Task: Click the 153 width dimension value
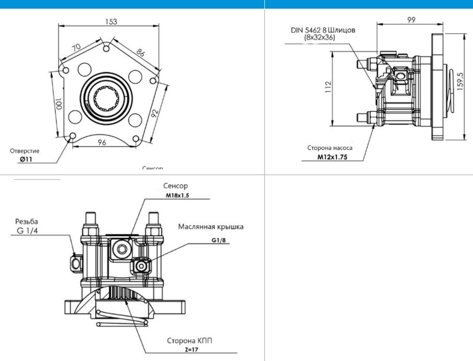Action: (111, 22)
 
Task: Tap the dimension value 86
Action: (140, 52)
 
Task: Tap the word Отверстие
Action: (25, 151)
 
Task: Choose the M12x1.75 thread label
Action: (332, 157)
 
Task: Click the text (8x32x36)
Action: (319, 37)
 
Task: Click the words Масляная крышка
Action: (211, 227)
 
